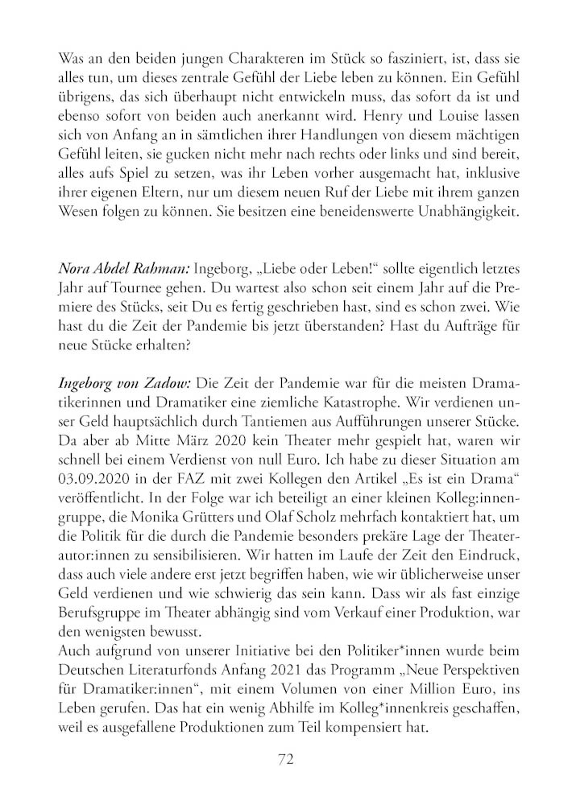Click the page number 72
click(x=285, y=760)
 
